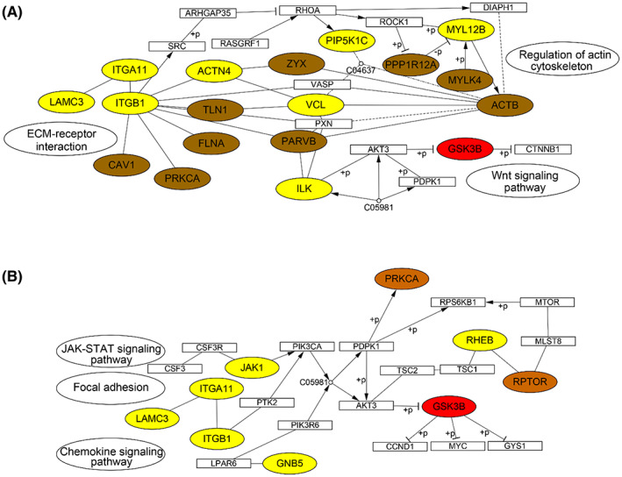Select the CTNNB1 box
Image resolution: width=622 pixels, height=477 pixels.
coord(542,150)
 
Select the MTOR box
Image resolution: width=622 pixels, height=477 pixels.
coord(547,303)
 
